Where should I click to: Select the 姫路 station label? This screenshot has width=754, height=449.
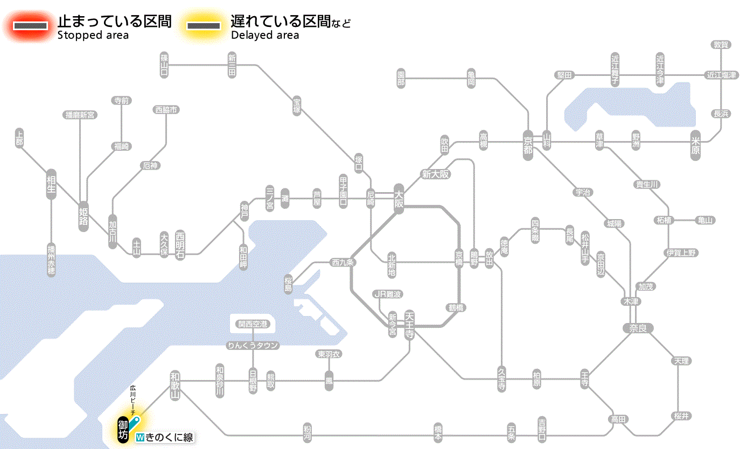pyautogui.click(x=84, y=216)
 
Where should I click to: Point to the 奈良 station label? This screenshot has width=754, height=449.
pyautogui.click(x=638, y=328)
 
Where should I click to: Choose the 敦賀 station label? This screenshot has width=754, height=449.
pyautogui.click(x=721, y=45)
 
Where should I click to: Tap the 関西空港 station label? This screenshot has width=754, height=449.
pyautogui.click(x=253, y=324)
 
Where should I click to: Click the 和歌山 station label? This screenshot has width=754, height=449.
pyautogui.click(x=175, y=384)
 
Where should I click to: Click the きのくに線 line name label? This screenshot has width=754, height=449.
pyautogui.click(x=165, y=438)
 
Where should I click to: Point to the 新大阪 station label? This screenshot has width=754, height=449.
pyautogui.click(x=436, y=174)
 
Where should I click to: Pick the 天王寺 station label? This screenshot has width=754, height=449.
pyautogui.click(x=409, y=325)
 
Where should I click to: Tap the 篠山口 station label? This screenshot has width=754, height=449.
pyautogui.click(x=164, y=65)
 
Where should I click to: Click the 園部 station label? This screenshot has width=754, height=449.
pyautogui.click(x=401, y=79)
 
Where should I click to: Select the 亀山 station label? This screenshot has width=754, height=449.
pyautogui.click(x=706, y=220)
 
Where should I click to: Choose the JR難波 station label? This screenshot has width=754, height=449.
pyautogui.click(x=388, y=294)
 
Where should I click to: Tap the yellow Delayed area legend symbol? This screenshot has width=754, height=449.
pyautogui.click(x=204, y=26)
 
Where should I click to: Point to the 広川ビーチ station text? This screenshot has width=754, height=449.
pyautogui.click(x=132, y=399)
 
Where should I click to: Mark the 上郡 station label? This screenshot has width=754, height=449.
pyautogui.click(x=19, y=138)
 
